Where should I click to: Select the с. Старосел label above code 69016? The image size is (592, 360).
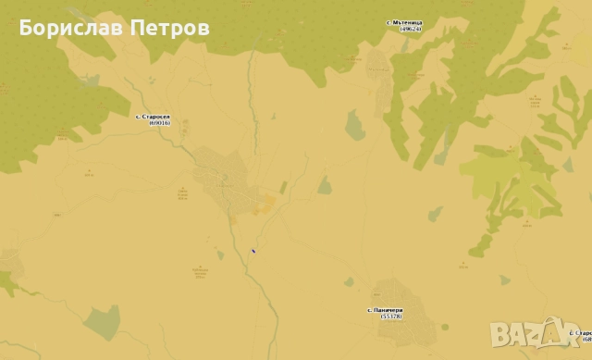point(153,117)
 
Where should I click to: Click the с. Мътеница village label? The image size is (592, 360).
point(403,22)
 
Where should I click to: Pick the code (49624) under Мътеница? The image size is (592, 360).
point(410,29)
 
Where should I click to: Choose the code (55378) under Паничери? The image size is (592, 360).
point(391,317)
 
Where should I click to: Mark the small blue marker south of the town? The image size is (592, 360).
point(253,250)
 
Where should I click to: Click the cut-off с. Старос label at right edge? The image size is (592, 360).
point(582,332)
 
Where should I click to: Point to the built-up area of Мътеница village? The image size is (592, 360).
point(378,65)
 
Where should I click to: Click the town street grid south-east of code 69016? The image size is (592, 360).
point(222,180)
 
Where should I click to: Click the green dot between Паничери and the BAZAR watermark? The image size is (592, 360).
point(447,325)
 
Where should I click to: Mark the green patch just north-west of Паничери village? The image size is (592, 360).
point(349,281)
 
